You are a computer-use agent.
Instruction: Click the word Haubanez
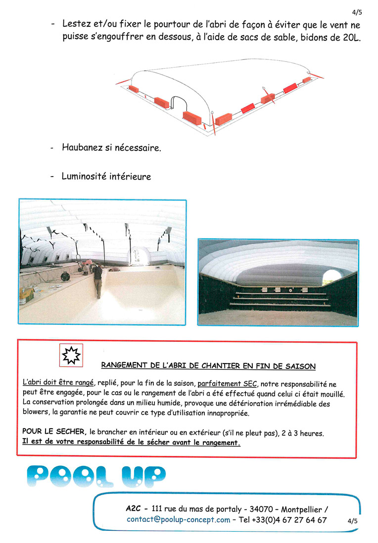(83, 147)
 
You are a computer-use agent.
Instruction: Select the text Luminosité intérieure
(106, 176)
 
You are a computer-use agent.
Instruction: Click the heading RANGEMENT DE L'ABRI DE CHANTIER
(208, 366)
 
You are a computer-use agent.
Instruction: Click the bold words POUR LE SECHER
(54, 432)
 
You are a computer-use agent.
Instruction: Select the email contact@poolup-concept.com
(179, 519)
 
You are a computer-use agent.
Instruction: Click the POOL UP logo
(96, 476)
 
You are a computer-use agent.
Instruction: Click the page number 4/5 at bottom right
(352, 520)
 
